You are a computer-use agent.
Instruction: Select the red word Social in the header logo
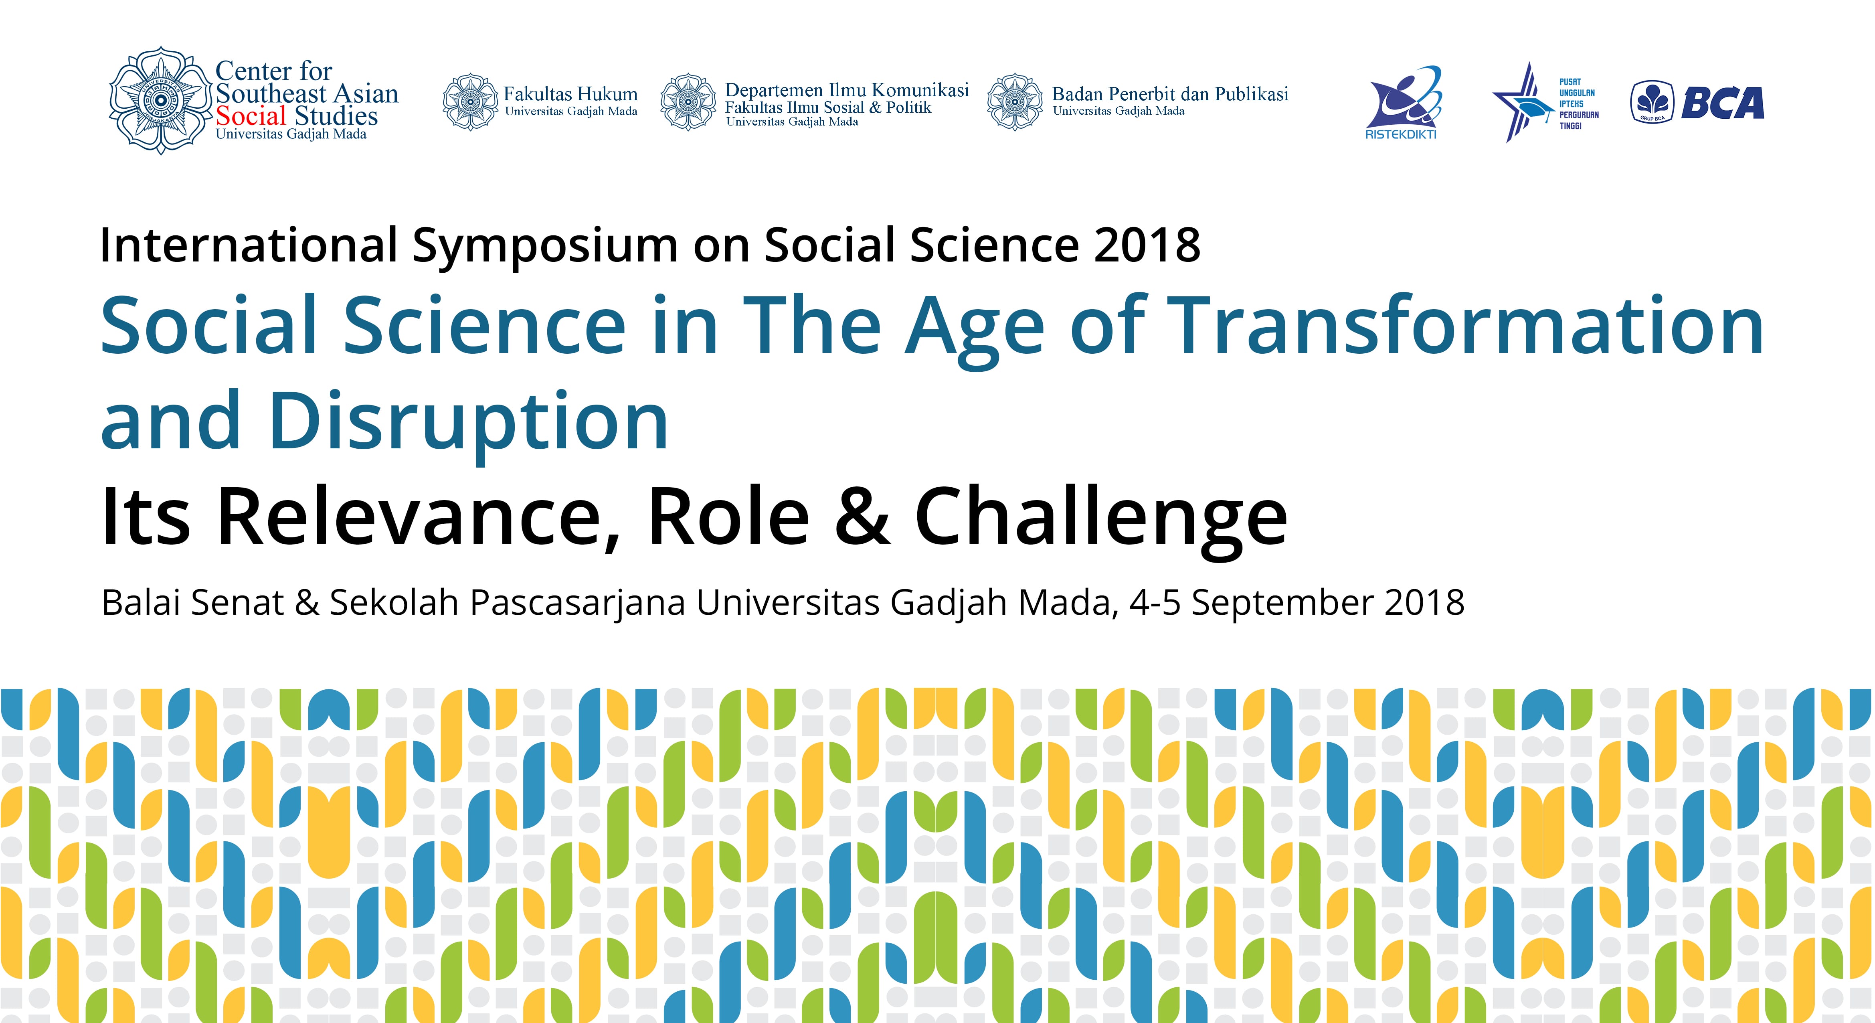pyautogui.click(x=251, y=116)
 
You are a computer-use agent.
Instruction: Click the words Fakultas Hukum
pyautogui.click(x=570, y=94)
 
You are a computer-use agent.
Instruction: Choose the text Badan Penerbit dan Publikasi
pyautogui.click(x=1170, y=94)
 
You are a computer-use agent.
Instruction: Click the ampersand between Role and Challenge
pyautogui.click(x=862, y=516)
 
